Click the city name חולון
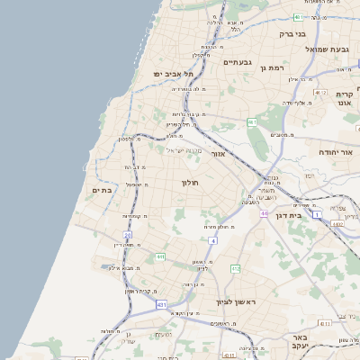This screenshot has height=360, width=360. (190, 183)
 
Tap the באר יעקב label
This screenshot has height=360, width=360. (300, 345)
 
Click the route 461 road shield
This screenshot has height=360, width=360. (252, 121)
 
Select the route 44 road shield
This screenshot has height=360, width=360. (265, 213)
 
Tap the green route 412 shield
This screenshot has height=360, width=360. (235, 268)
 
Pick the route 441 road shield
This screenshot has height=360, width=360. (158, 256)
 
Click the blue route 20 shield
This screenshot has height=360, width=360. (128, 235)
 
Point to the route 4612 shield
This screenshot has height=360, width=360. (321, 92)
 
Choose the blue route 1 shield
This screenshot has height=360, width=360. (317, 215)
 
